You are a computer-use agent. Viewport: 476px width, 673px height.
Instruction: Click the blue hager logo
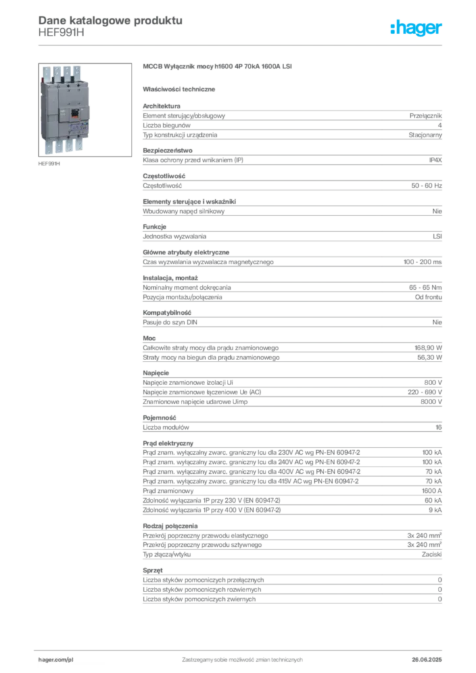point(417,28)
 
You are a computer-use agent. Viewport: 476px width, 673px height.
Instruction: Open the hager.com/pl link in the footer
point(55,658)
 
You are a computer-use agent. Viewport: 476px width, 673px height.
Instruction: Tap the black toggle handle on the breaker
point(75,112)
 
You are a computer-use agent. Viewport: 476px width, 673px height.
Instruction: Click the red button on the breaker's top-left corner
point(42,80)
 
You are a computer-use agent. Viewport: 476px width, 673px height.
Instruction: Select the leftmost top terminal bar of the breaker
point(47,71)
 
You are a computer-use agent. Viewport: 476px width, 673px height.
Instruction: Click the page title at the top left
point(109,20)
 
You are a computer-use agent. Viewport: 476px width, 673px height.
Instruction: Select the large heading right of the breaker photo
point(218,68)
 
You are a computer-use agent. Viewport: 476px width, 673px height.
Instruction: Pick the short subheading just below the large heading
point(181,88)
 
